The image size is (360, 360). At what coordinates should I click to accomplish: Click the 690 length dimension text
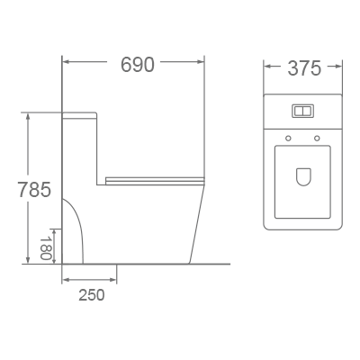137,65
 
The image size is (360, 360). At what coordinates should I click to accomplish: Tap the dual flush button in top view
302,112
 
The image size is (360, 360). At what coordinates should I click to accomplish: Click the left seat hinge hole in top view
287,138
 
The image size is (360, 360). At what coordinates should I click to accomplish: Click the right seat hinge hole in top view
317,138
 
